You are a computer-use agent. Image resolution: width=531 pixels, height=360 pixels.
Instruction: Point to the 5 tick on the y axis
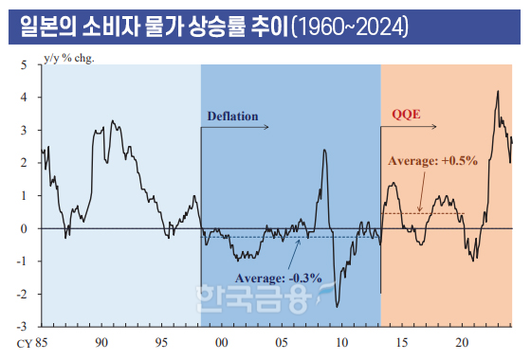24,64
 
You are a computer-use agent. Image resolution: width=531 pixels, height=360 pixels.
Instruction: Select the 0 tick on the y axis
24,227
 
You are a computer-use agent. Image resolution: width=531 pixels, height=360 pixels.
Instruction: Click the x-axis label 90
101,340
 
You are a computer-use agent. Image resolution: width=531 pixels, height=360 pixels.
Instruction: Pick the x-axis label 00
221,340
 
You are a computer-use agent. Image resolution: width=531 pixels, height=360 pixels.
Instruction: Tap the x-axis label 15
402,340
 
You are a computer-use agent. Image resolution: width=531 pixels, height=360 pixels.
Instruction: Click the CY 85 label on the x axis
33,340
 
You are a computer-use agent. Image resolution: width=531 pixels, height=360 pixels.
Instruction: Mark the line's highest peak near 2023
498,92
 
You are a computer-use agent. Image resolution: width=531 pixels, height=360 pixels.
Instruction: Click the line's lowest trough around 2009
338,306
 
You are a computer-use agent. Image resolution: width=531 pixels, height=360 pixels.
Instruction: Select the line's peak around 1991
113,120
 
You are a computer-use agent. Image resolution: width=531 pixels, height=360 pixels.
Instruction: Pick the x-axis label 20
462,340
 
